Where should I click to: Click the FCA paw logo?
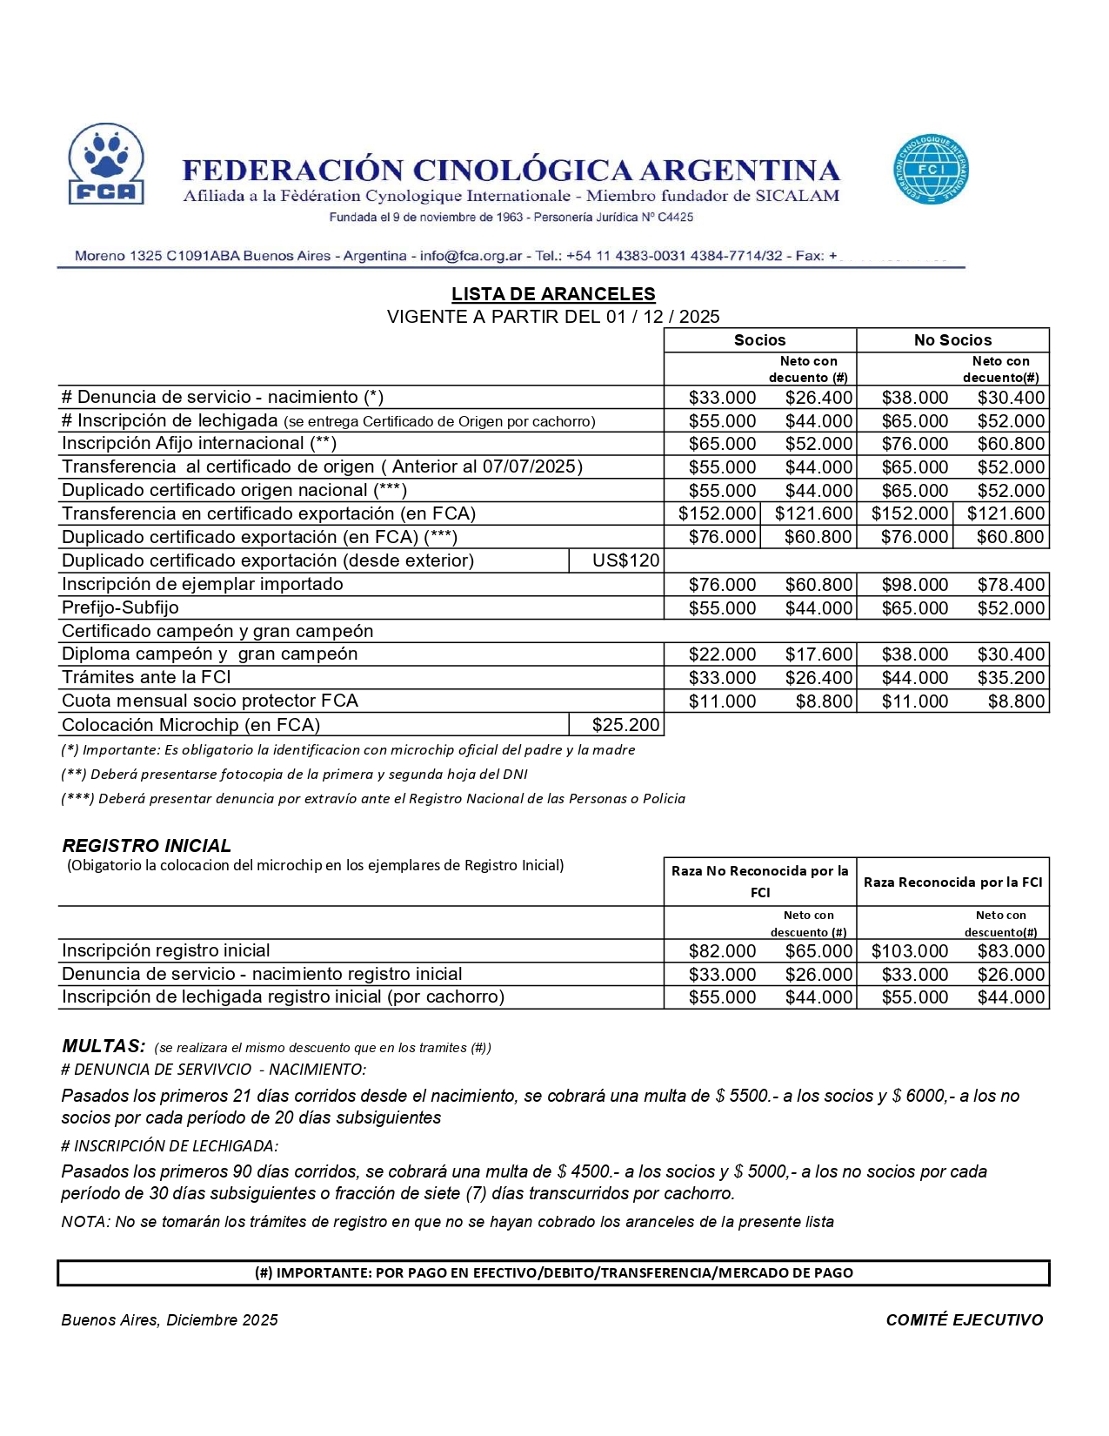[x=106, y=164]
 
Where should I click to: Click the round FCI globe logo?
[x=931, y=170]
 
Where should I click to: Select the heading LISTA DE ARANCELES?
[x=553, y=294]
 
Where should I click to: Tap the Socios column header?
[x=759, y=340]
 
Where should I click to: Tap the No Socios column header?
[x=952, y=340]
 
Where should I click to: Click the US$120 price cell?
[x=625, y=560]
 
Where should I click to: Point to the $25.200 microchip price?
[x=625, y=725]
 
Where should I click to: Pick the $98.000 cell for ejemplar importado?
[x=914, y=585]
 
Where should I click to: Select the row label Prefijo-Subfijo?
[x=120, y=607]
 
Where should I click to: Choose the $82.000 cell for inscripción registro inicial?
[x=722, y=951]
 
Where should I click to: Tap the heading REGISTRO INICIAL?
[x=146, y=846]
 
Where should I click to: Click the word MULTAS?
[x=103, y=1046]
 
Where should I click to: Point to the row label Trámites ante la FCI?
[x=145, y=677]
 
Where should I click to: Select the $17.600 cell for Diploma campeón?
[x=818, y=654]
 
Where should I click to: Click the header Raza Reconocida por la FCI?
[x=952, y=882]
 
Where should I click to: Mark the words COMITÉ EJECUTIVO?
[x=964, y=1320]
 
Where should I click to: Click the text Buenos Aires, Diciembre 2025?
[x=170, y=1320]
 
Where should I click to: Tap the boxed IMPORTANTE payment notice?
[x=553, y=1272]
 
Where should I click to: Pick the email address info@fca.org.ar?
[x=471, y=256]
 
